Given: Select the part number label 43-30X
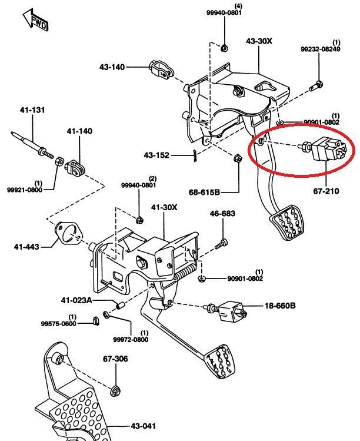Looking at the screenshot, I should tap(259, 41).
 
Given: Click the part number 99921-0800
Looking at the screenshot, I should tap(25, 190).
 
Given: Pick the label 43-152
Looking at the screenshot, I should tap(156, 155).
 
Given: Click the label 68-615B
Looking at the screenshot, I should tap(204, 192).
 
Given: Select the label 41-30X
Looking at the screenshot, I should tap(164, 207).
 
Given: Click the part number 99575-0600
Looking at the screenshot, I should tap(58, 323).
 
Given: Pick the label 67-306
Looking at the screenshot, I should tap(115, 359).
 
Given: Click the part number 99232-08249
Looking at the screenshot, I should tap(321, 49).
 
